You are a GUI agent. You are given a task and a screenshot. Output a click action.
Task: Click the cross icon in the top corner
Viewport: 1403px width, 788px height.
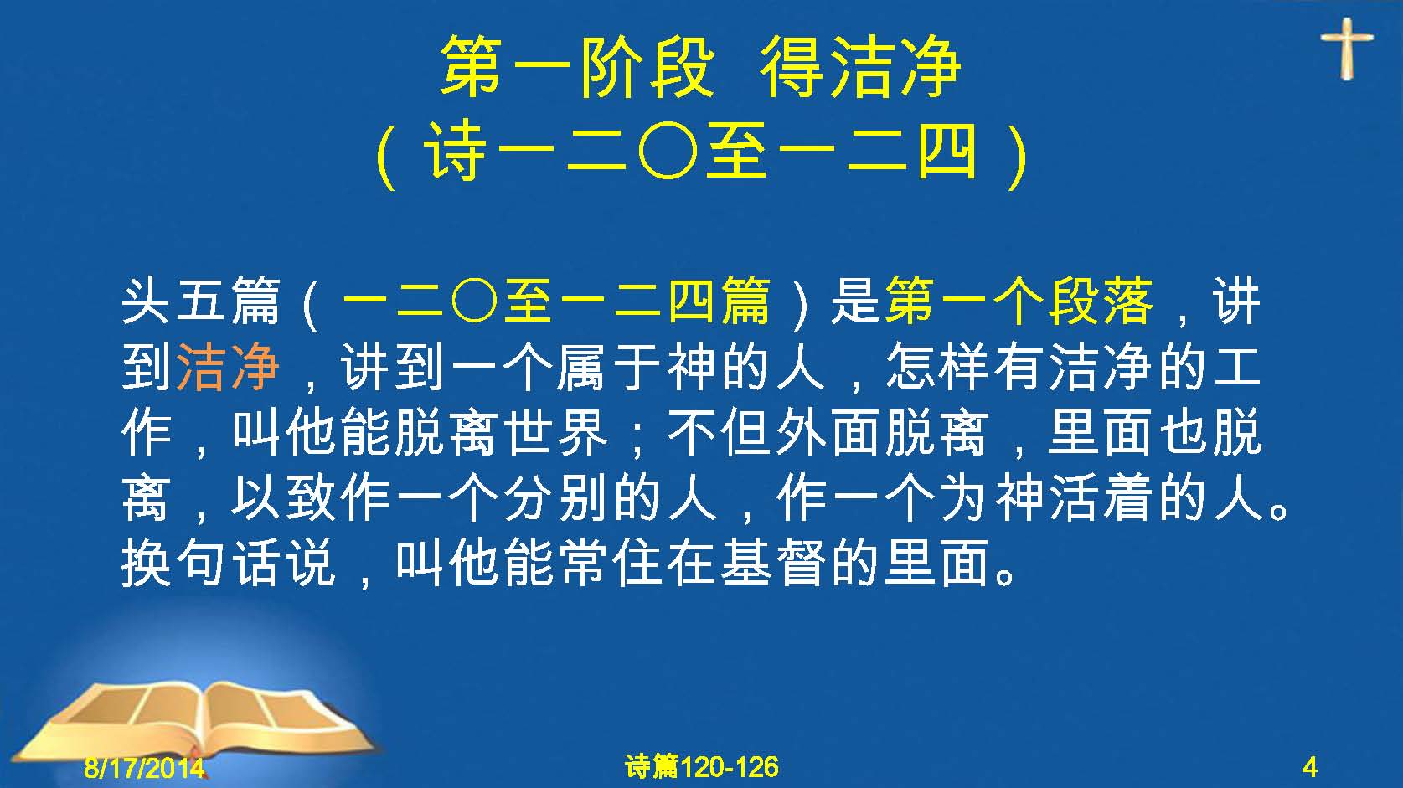pyautogui.click(x=1347, y=48)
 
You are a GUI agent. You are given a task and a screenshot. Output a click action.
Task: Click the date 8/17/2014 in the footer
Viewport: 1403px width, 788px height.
pyautogui.click(x=144, y=767)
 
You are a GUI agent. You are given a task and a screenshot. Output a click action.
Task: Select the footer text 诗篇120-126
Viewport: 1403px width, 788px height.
pyautogui.click(x=702, y=767)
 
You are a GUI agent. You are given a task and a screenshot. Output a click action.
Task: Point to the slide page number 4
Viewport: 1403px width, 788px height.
pyautogui.click(x=1310, y=767)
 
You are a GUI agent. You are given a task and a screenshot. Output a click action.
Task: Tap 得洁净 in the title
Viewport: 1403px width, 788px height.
pyautogui.click(x=860, y=67)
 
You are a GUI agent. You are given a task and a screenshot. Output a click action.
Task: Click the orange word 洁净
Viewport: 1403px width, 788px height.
pyautogui.click(x=228, y=368)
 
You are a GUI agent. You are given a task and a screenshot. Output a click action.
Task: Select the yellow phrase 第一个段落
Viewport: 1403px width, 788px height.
pyautogui.click(x=1019, y=302)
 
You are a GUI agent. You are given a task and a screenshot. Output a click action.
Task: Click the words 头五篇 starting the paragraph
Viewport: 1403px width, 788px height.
pyautogui.click(x=200, y=302)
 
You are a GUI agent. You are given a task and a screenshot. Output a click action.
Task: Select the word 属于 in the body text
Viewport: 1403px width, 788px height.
pyautogui.click(x=610, y=368)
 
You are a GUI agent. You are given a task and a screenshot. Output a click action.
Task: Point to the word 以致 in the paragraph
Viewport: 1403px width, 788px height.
pyautogui.click(x=284, y=499)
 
